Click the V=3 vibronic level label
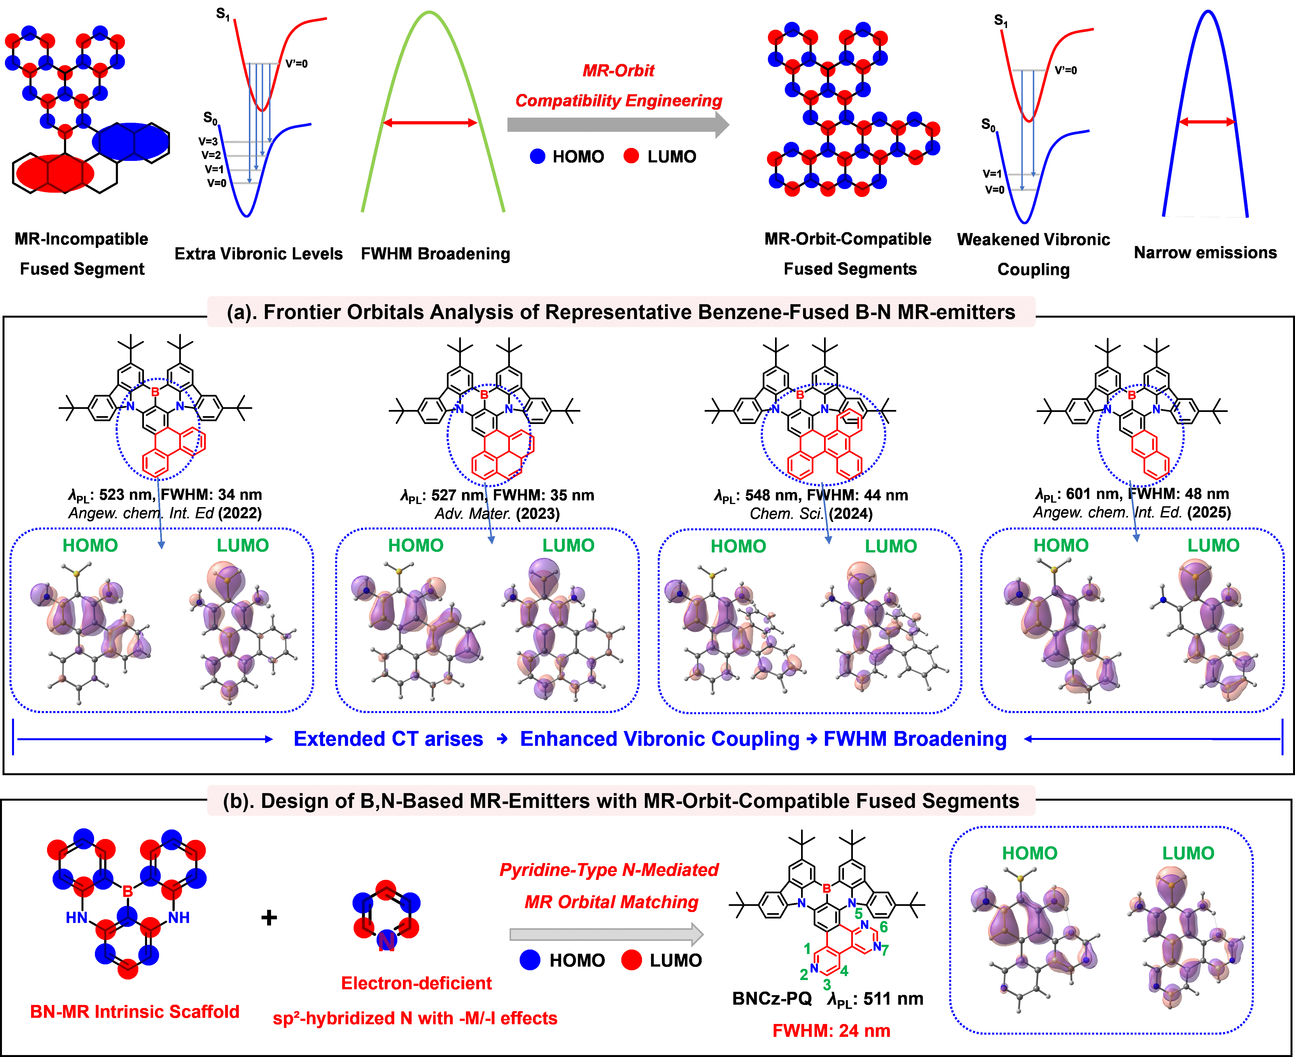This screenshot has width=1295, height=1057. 208,141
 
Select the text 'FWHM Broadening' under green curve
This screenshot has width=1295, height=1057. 435,254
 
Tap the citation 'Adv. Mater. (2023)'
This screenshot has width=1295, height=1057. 497,514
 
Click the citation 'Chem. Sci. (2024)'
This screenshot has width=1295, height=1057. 811,514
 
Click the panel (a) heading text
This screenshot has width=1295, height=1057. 621,312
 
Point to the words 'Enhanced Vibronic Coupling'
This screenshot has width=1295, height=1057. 660,739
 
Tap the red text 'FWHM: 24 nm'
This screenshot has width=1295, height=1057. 831,1031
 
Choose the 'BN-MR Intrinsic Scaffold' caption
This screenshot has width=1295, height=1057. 135,1012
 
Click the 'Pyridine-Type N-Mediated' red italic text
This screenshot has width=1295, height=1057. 609,870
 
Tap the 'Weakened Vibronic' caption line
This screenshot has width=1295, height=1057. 1034,239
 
